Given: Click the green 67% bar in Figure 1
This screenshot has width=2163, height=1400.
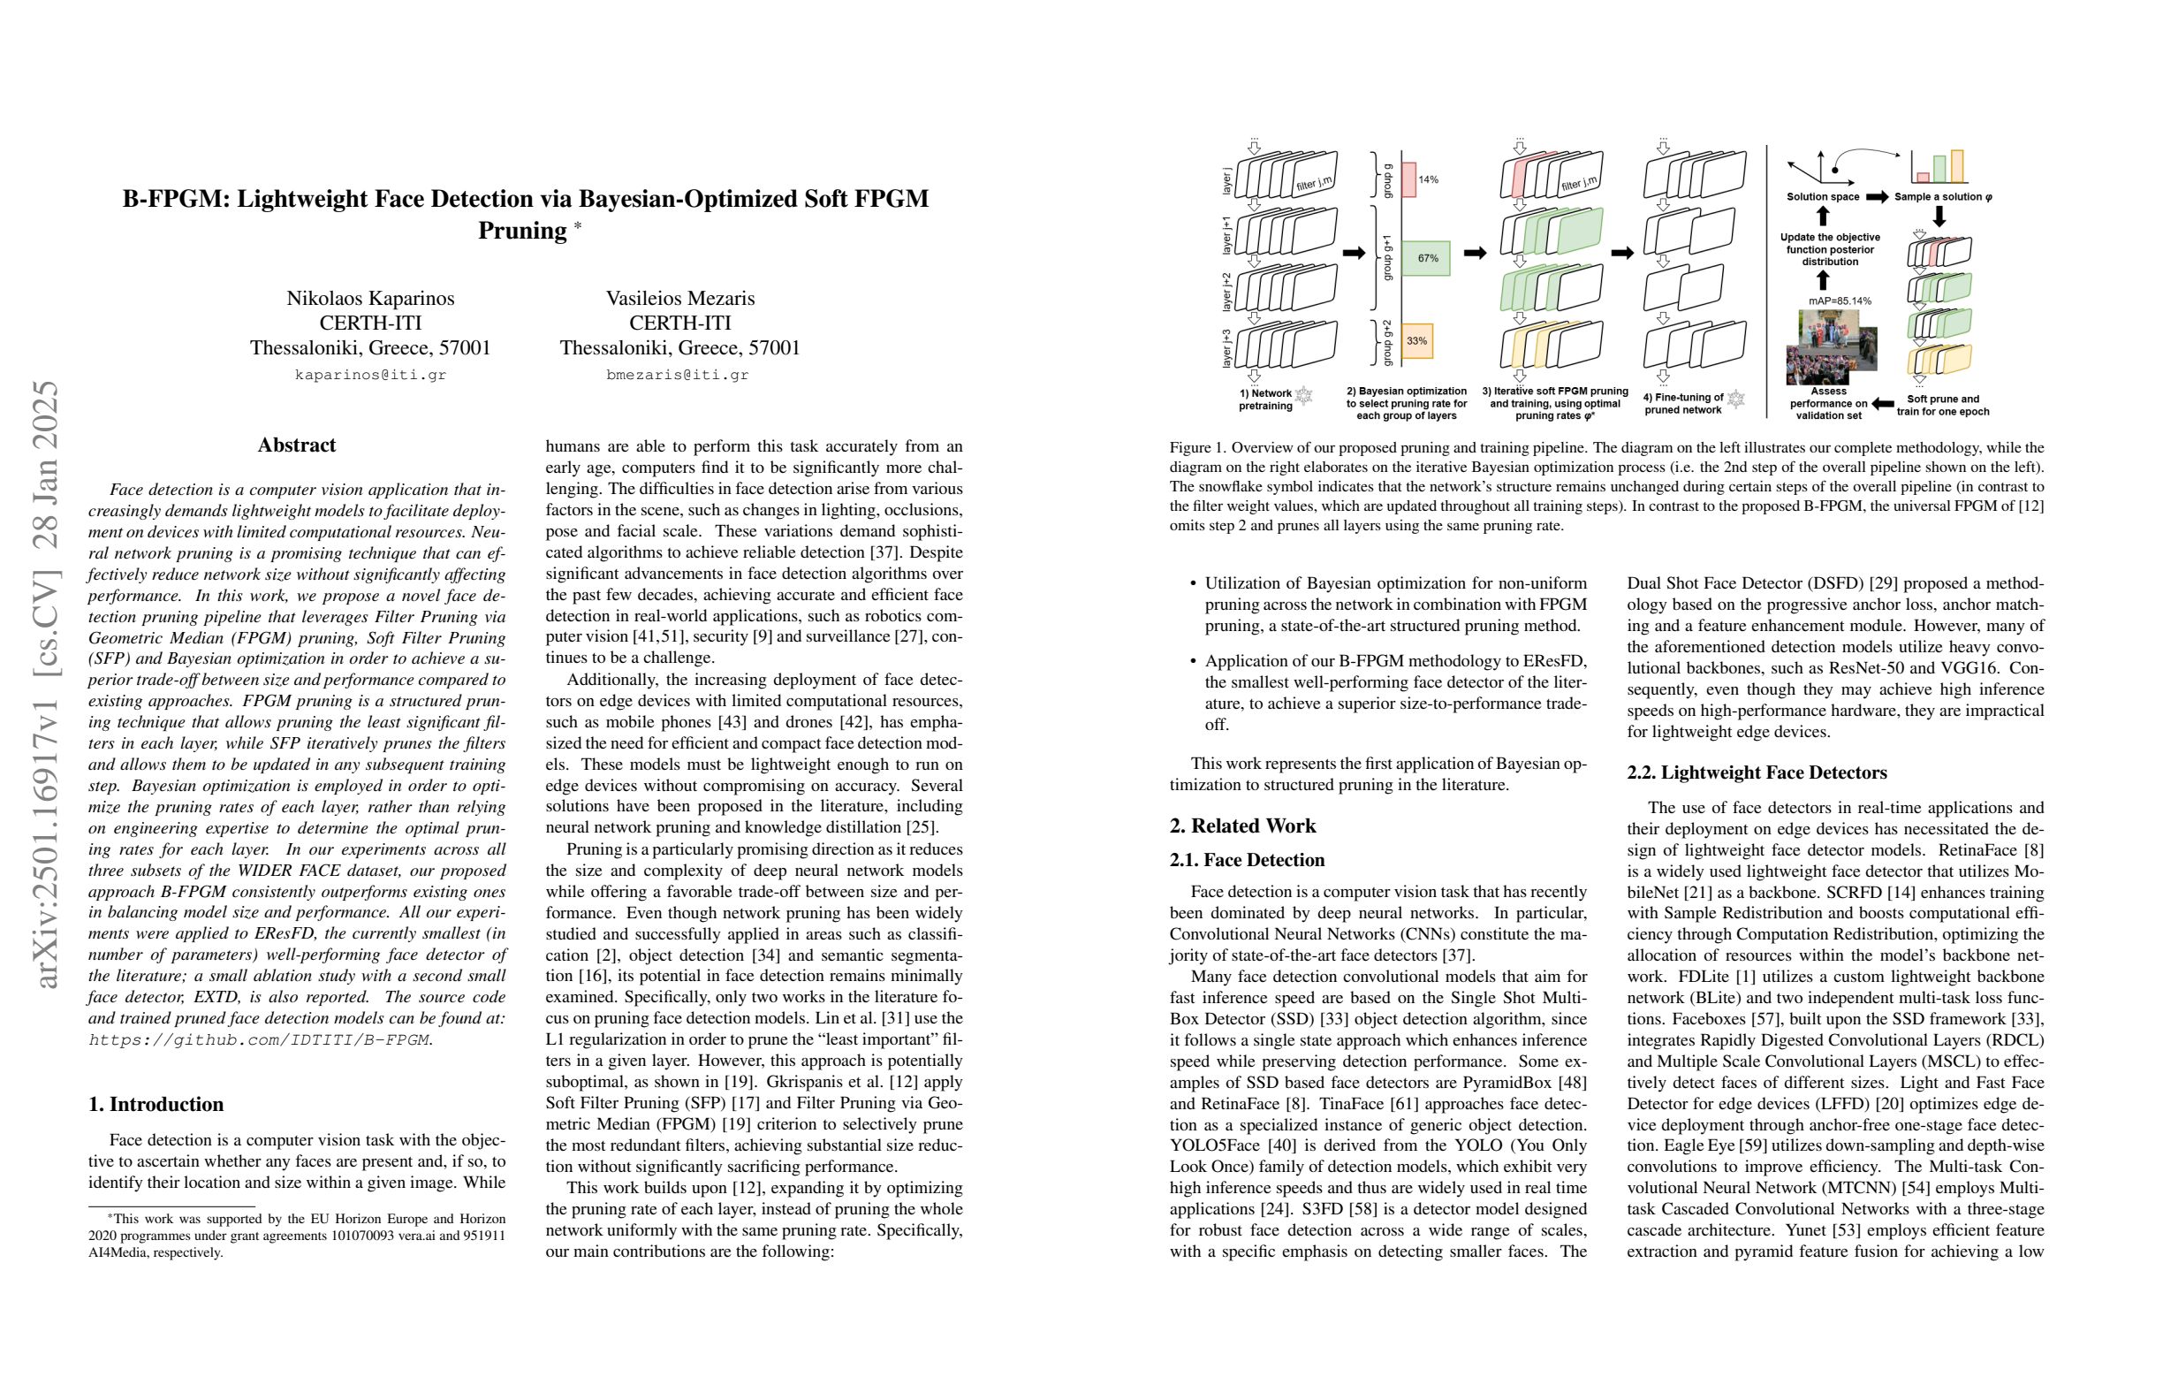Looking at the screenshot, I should pyautogui.click(x=1425, y=258).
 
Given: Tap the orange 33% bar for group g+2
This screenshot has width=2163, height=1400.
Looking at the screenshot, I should pyautogui.click(x=1417, y=341).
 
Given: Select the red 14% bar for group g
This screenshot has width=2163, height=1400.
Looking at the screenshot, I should pyautogui.click(x=1408, y=180).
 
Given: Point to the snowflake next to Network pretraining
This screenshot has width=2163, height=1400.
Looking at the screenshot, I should pyautogui.click(x=1304, y=395).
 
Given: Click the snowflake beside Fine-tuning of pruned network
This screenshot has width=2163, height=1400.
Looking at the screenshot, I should pyautogui.click(x=1736, y=399).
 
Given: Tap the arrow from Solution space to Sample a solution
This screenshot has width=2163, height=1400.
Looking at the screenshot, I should pyautogui.click(x=1877, y=196).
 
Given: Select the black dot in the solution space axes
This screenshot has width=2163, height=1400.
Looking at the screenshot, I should pyautogui.click(x=1836, y=170).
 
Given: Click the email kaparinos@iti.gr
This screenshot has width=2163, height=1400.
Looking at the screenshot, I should pyautogui.click(x=371, y=375).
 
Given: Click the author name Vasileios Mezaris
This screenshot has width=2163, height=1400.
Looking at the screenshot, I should pyautogui.click(x=679, y=298).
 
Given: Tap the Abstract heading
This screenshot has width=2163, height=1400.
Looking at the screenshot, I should pyautogui.click(x=296, y=445).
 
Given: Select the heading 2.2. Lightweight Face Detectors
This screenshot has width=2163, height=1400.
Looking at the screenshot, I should pyautogui.click(x=1757, y=772).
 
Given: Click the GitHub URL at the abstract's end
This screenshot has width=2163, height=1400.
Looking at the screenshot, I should pyautogui.click(x=259, y=1040).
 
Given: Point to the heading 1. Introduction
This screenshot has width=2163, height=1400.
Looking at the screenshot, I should pyautogui.click(x=156, y=1104).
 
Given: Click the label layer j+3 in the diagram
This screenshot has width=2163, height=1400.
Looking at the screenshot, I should pyautogui.click(x=1226, y=347).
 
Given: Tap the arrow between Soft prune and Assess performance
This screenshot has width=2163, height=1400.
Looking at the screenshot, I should pyautogui.click(x=1882, y=404).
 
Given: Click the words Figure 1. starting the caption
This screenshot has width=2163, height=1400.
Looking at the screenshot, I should pyautogui.click(x=1198, y=447).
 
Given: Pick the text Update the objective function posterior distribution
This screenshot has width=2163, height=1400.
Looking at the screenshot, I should pyautogui.click(x=1830, y=249).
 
